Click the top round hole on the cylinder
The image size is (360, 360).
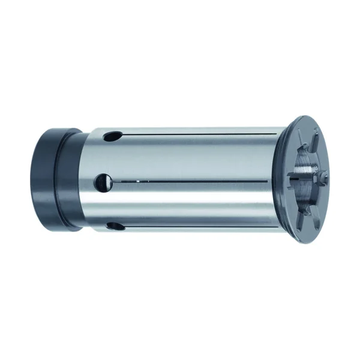109,137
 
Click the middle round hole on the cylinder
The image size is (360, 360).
103,179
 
